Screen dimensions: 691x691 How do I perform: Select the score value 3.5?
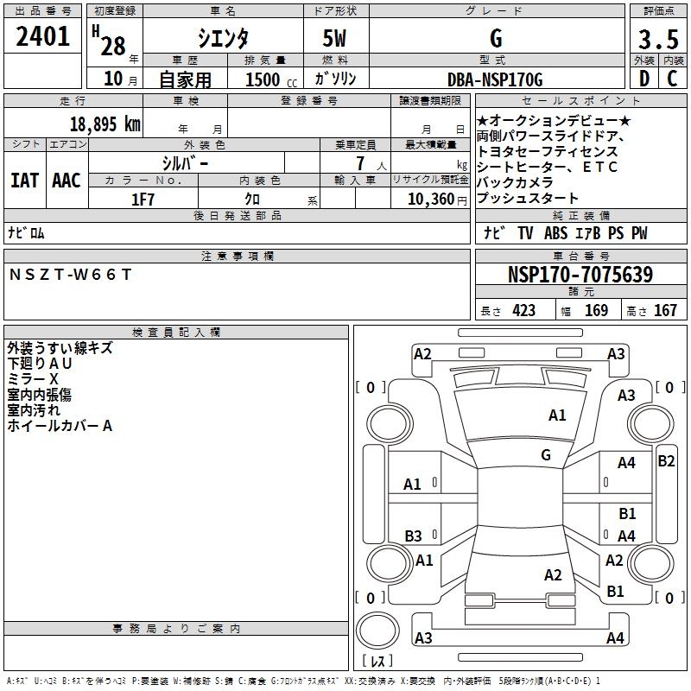(658, 40)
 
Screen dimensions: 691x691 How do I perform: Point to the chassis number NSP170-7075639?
(580, 275)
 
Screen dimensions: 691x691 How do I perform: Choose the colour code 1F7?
(143, 199)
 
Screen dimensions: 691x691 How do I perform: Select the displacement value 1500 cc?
(263, 80)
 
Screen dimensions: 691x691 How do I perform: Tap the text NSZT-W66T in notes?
(71, 274)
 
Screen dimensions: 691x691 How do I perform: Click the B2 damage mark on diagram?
(666, 460)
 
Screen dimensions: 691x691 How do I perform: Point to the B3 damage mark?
(414, 536)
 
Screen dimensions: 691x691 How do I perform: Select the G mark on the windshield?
(545, 454)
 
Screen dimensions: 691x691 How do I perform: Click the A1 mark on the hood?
(557, 415)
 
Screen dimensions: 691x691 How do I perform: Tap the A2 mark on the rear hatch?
(553, 575)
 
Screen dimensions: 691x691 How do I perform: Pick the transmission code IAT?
(25, 181)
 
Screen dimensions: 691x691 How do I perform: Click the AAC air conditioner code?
(66, 181)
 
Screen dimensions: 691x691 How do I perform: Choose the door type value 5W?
(335, 39)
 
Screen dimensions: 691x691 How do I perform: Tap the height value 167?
(665, 310)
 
